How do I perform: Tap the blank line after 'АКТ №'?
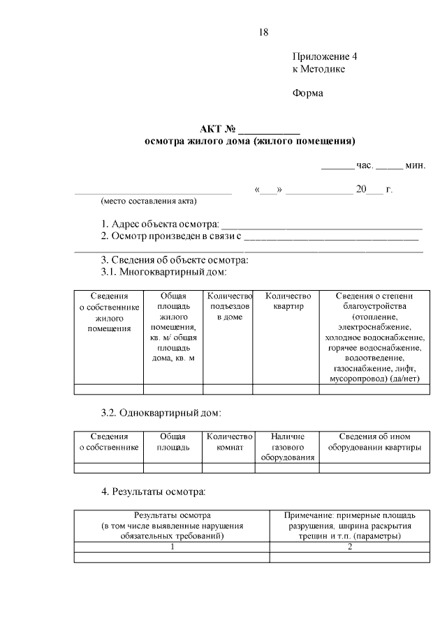coord(269,130)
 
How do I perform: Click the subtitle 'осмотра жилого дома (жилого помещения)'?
coord(249,142)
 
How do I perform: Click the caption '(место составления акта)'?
coord(149,202)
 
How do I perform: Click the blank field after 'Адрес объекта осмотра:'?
coord(321,225)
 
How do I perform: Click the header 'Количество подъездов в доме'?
coord(229,307)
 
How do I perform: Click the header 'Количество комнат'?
coord(229,441)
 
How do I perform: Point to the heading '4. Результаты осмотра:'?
coord(154,492)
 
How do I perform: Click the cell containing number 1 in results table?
coord(172,547)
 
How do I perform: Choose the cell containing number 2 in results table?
coord(350,547)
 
